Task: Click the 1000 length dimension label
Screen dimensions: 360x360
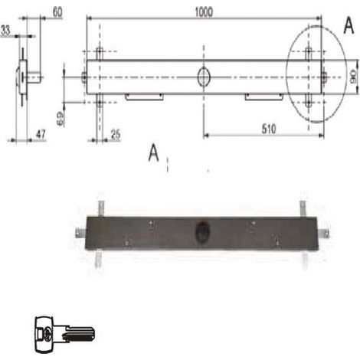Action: [x=204, y=12]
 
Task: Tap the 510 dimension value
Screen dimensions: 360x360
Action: [x=269, y=129]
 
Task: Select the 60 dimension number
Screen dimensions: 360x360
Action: [x=57, y=12]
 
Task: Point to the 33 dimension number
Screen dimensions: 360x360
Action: [x=5, y=30]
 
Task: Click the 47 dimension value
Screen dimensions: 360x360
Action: [x=41, y=134]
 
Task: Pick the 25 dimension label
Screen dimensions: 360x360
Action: [x=116, y=134]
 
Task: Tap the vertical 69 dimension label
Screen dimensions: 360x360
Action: [x=61, y=119]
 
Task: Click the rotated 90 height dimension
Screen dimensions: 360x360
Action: [x=354, y=77]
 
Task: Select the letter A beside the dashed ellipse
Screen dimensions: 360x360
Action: [x=349, y=26]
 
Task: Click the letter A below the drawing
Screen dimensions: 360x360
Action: [x=154, y=152]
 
